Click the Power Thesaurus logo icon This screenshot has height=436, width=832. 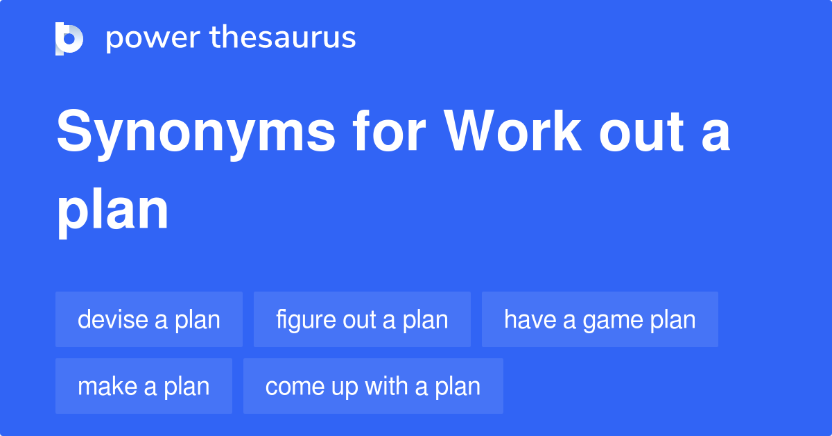tap(69, 38)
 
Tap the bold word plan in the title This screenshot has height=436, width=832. tap(113, 211)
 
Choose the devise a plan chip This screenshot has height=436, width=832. tap(149, 319)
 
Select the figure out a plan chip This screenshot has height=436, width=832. tap(362, 319)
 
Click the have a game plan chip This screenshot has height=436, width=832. tap(600, 319)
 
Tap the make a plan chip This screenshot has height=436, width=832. tap(144, 386)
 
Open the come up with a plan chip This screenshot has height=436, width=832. tap(373, 386)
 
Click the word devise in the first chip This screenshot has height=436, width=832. tap(113, 319)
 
